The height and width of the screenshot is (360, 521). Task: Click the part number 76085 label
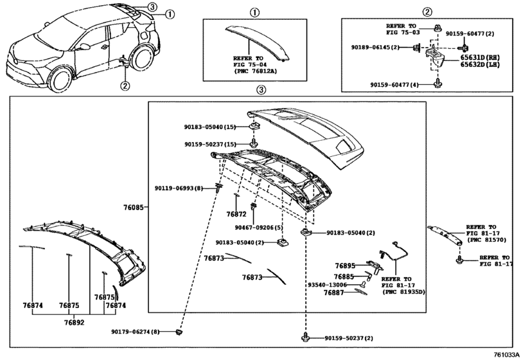(135, 208)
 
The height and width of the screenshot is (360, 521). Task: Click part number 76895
(344, 265)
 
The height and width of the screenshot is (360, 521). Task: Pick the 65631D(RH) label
(482, 57)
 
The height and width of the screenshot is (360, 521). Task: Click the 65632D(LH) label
(482, 65)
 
